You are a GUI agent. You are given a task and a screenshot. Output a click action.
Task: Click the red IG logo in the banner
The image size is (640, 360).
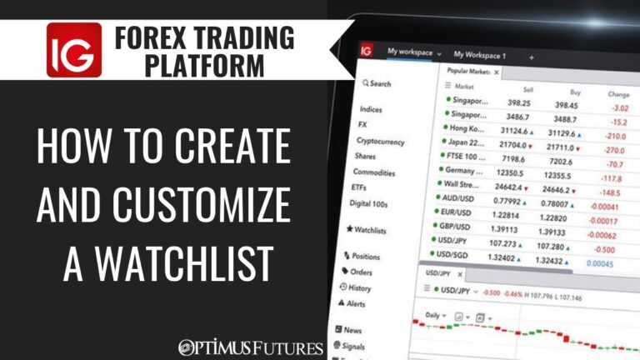pyautogui.click(x=74, y=50)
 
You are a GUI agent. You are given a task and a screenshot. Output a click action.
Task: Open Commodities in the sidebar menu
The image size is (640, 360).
pyautogui.click(x=373, y=172)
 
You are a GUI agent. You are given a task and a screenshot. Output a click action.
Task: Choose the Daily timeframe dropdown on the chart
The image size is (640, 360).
pyautogui.click(x=432, y=317)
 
